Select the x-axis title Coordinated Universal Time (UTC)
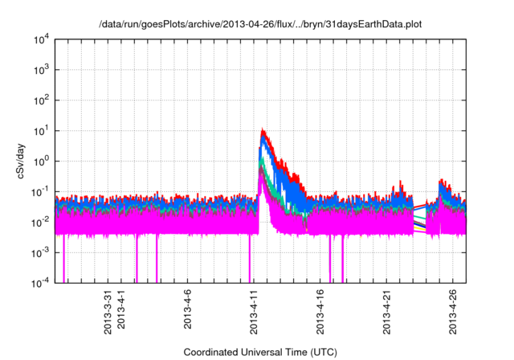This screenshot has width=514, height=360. click(x=260, y=352)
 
